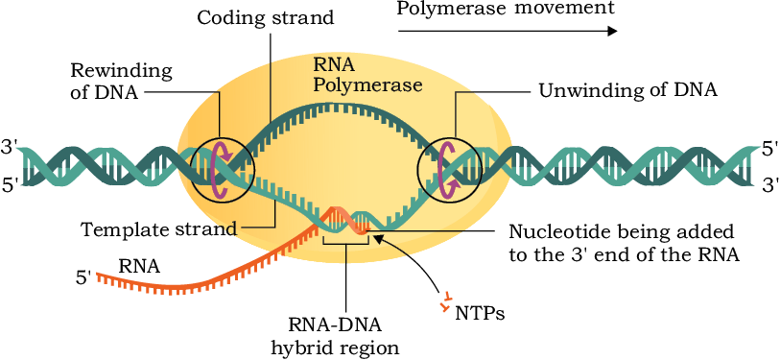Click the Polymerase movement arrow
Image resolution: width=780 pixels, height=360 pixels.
508,31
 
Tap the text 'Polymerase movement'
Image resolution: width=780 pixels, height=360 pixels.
506,9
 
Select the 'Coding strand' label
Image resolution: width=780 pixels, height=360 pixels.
265,18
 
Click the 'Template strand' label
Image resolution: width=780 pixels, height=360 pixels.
159,229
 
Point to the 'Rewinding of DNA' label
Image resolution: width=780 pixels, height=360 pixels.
122,82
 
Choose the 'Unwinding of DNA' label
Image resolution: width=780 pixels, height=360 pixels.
628,91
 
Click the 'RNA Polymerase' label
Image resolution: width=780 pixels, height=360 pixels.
368,75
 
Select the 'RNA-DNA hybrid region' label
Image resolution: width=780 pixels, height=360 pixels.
335,337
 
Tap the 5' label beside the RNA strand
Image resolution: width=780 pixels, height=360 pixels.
83,277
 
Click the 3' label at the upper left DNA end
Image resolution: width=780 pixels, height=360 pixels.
10,149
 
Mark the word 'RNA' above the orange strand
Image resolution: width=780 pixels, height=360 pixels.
139,267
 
